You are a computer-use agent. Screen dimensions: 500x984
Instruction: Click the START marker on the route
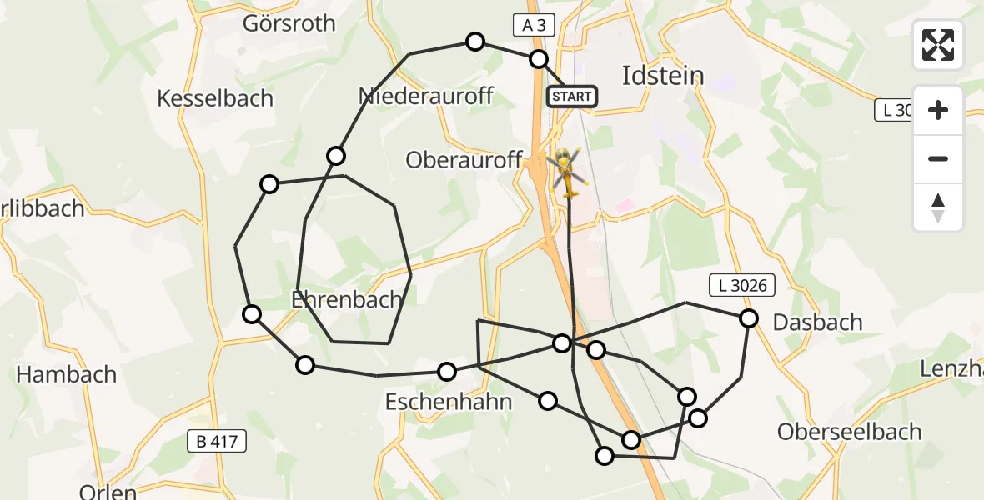point(572,97)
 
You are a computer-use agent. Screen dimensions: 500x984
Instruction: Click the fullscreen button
point(938,45)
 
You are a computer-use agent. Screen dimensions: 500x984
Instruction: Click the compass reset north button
point(938,207)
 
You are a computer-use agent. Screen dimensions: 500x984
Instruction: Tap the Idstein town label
point(663,76)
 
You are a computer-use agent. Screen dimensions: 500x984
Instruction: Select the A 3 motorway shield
point(534,26)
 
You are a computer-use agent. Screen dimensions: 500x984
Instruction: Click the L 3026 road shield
point(742,286)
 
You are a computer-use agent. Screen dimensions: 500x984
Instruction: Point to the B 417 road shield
point(217,442)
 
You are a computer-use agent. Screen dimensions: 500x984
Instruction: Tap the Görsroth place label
point(289,23)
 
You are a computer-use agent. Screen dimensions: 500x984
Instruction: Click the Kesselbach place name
point(215,98)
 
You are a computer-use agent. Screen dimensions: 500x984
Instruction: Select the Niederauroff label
point(425,96)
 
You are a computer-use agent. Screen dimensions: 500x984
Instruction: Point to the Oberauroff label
point(464,160)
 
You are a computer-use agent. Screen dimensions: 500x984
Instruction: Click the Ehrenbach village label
point(346,299)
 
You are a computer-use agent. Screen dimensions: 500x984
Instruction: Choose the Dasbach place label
point(817,322)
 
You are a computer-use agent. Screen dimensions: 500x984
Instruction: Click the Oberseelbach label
point(849,432)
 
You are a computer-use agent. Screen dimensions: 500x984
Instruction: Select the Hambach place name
point(67,374)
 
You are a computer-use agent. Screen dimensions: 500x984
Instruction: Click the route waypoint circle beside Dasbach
point(749,318)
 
